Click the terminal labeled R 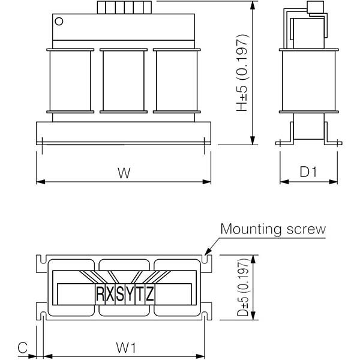click(100, 294)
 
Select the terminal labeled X click(110, 294)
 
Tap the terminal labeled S click(120, 294)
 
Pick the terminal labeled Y click(130, 294)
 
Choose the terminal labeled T click(140, 294)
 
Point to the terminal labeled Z click(149, 294)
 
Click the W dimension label click(124, 173)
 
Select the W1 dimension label click(126, 347)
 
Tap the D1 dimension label click(308, 172)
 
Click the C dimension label click(23, 347)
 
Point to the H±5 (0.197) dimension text click(242, 73)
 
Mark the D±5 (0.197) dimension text click(243, 287)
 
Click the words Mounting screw click(273, 229)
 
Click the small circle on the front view click(59, 22)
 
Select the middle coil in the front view click(124, 81)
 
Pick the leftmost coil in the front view click(70, 81)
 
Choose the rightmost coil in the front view click(177, 81)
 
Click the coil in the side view click(309, 81)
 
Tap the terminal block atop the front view click(124, 8)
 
